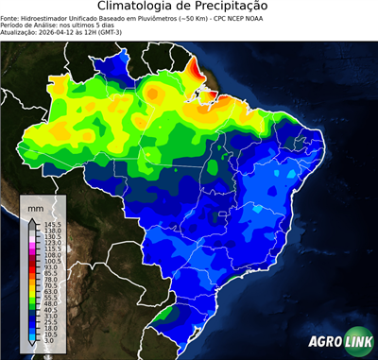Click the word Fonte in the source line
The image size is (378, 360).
(x=10, y=17)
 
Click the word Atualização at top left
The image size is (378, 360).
(x=21, y=30)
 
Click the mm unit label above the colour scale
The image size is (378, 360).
(x=35, y=206)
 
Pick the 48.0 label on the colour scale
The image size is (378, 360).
(x=51, y=301)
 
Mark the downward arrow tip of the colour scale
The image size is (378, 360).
(x=35, y=346)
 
